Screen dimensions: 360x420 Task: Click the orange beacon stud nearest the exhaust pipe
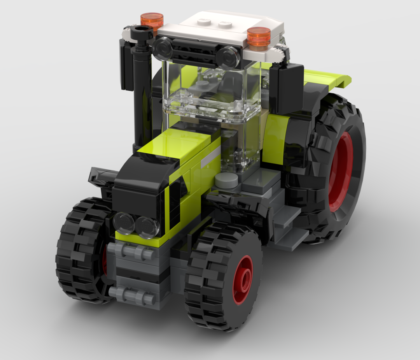(x=152, y=19)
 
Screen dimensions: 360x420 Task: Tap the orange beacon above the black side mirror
(x=259, y=36)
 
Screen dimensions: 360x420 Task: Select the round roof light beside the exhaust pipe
(x=163, y=48)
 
